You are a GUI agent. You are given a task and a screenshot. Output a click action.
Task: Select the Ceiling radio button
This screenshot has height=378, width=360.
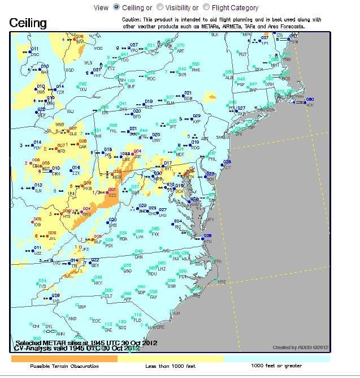116,7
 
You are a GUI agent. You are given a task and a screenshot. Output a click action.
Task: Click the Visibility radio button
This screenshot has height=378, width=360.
160,7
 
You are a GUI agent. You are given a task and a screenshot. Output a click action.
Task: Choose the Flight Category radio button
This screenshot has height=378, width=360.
206,7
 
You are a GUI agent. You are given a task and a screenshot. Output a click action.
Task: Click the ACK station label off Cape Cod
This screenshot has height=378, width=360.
310,105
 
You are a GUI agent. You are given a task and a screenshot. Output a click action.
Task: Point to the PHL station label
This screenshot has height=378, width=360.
213,159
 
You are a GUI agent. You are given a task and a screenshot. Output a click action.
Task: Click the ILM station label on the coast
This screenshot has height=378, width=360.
176,313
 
